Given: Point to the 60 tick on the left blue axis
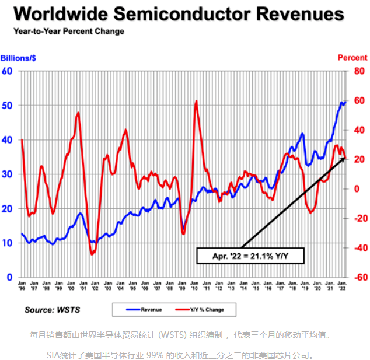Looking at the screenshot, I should click(x=8, y=71).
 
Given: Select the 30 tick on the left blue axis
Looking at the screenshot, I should click(x=8, y=174).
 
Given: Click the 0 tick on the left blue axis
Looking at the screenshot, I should click(x=10, y=278).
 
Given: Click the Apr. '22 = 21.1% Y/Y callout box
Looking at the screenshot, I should click(x=250, y=255).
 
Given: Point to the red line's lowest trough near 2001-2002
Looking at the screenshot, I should click(x=92, y=254).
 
